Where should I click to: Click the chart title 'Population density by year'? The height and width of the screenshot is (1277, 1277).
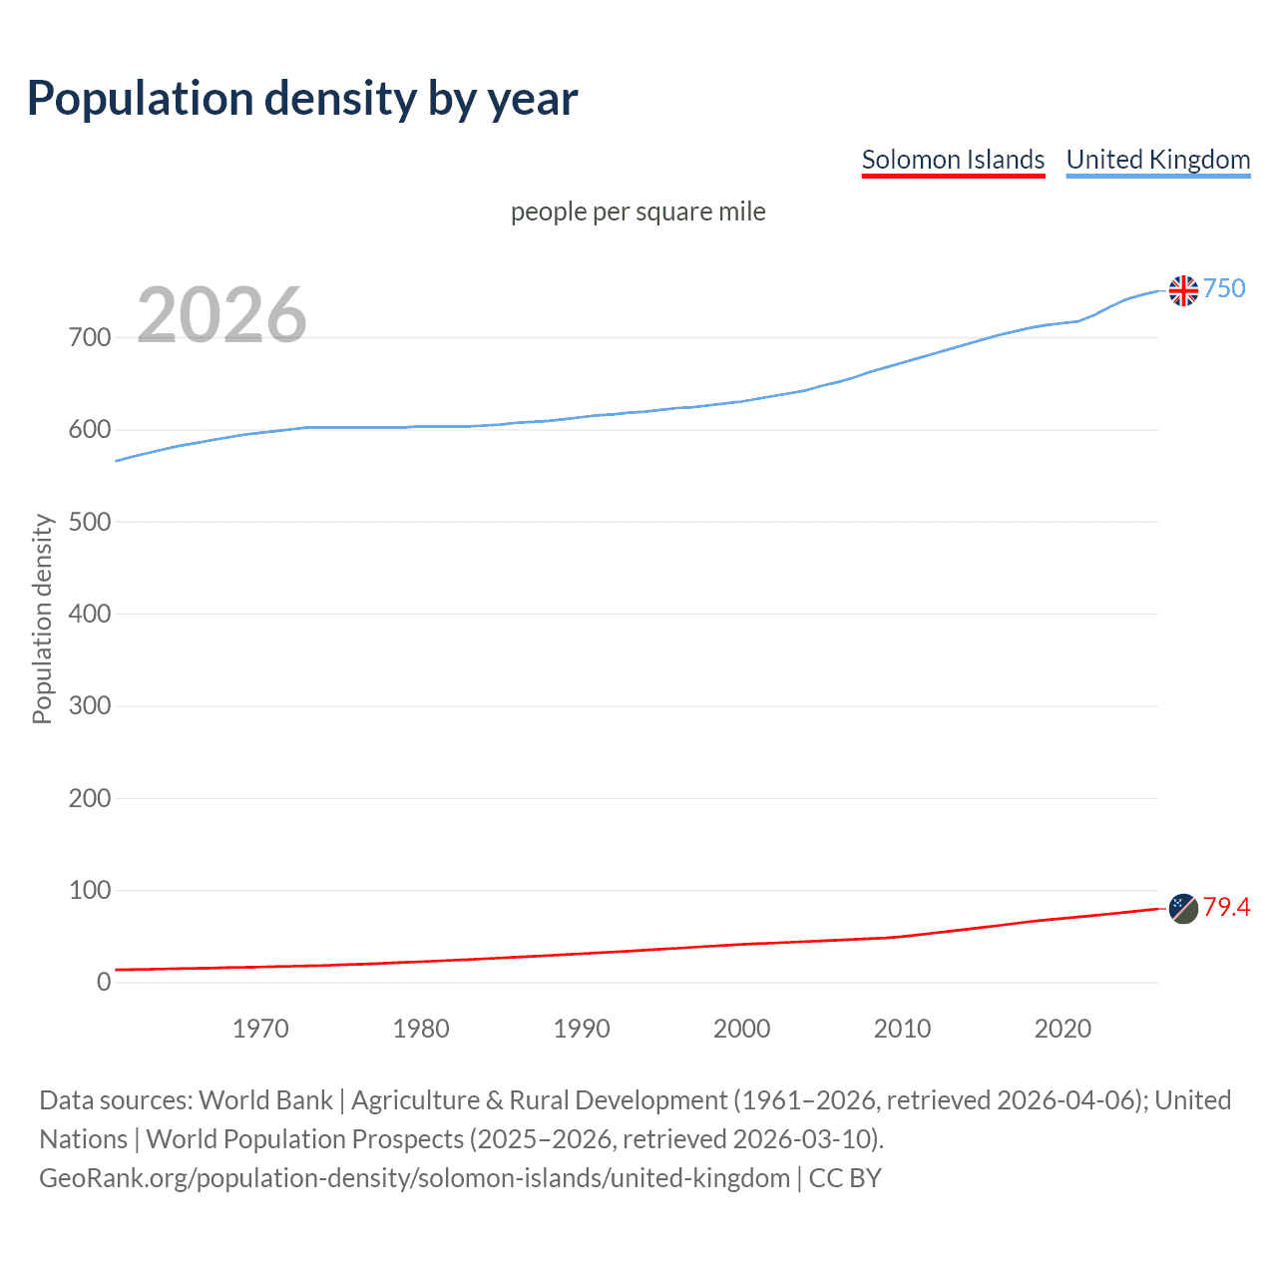point(302,98)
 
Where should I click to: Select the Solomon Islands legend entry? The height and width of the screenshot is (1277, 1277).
point(953,160)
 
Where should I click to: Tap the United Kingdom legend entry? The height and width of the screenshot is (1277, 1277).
point(1157,160)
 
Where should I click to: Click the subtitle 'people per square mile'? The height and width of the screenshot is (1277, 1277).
point(638,212)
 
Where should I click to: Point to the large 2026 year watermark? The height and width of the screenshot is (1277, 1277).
point(221,315)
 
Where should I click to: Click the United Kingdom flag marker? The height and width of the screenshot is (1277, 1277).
point(1183,290)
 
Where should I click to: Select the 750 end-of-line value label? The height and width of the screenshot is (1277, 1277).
point(1224,288)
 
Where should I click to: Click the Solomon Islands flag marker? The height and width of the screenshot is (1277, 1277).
point(1183,909)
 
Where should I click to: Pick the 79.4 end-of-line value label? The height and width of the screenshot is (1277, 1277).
point(1226,907)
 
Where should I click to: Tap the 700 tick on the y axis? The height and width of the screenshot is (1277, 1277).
point(89,337)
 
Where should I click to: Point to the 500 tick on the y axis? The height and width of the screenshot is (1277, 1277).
point(89,522)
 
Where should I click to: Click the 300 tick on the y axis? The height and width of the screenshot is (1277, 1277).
point(89,706)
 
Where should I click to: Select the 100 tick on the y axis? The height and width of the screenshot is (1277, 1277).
point(89,890)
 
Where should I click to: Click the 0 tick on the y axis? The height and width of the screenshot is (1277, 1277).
point(104,982)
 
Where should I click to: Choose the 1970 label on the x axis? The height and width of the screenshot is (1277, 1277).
point(260,1029)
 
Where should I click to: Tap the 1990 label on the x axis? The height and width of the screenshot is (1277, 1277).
point(582,1029)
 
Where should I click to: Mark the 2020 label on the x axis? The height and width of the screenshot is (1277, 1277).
point(1063,1029)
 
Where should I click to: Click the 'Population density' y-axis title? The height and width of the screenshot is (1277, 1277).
point(42,619)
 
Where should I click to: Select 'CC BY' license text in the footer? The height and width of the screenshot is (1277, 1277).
point(845,1178)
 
